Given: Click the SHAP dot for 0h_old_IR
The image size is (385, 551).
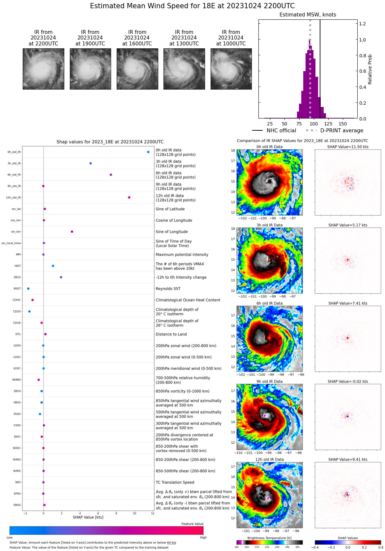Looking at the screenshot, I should pyautogui.click(x=148, y=152).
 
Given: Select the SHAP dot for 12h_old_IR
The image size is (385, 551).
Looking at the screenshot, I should pyautogui.click(x=129, y=197).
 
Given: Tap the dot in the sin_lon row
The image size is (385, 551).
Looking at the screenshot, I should pyautogui.click(x=72, y=232).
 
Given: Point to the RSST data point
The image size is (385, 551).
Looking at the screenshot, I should pyautogui.click(x=28, y=289).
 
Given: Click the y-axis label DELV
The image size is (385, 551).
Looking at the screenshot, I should pyautogui.click(x=17, y=277).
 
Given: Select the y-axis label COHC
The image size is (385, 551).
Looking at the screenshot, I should pyautogui.click(x=16, y=300).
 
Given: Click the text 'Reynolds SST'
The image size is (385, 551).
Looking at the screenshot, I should pyautogui.click(x=168, y=289).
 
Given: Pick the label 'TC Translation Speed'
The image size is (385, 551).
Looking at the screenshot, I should pyautogui.click(x=175, y=483).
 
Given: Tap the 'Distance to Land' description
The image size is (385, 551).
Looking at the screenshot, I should pyautogui.click(x=171, y=334).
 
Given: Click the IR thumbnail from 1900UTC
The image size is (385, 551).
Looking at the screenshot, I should pyautogui.click(x=90, y=69).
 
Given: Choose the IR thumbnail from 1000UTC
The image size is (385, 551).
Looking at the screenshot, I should pyautogui.click(x=231, y=69).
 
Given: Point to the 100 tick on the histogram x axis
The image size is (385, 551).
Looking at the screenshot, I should pyautogui.click(x=314, y=124).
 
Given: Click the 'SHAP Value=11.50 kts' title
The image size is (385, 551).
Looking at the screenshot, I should pyautogui.click(x=348, y=147).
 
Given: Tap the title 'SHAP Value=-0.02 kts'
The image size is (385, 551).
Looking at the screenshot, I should pyautogui.click(x=348, y=381).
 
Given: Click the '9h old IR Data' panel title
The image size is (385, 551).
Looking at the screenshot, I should pyautogui.click(x=269, y=381).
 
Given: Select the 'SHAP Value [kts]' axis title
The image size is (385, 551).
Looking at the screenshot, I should pyautogui.click(x=88, y=517).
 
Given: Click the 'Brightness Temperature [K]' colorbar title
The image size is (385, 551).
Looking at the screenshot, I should pyautogui.click(x=269, y=538).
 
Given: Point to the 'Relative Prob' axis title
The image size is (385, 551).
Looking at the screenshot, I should pyautogui.click(x=370, y=69).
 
